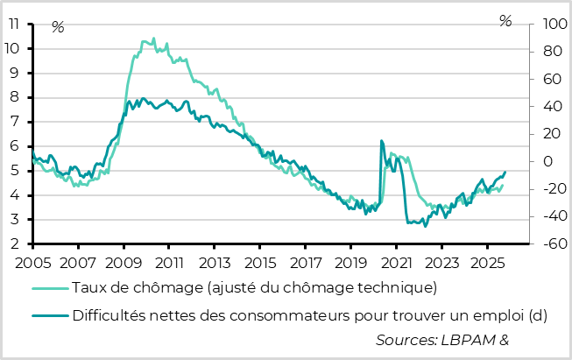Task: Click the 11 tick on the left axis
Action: click(13, 24)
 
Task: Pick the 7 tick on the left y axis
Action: click(17, 122)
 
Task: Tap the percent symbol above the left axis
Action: click(58, 27)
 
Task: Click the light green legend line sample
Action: click(50, 287)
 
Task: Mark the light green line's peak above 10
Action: click(153, 39)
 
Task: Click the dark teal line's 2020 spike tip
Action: click(381, 140)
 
